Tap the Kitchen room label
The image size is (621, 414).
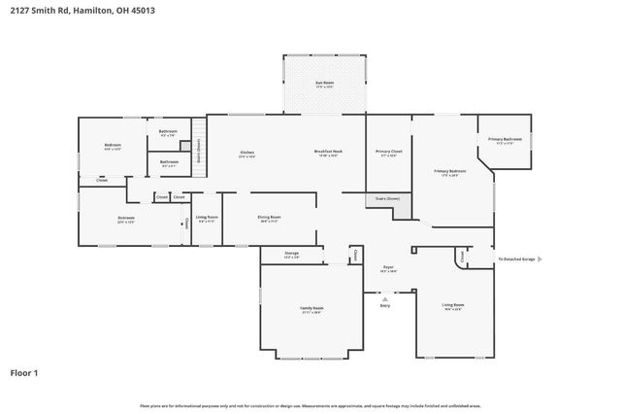pyautogui.click(x=247, y=154)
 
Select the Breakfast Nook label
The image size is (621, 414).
pyautogui.click(x=326, y=154)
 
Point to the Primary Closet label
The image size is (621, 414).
pyautogui.click(x=389, y=154)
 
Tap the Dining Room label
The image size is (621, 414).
pyautogui.click(x=269, y=219)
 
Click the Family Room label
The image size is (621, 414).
pyautogui.click(x=311, y=309)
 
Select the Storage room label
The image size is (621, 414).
pyautogui.click(x=291, y=255)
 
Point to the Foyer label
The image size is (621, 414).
pyautogui.click(x=387, y=267)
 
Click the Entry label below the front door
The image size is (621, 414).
pyautogui.click(x=385, y=306)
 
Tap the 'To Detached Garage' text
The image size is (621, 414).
pyautogui.click(x=515, y=259)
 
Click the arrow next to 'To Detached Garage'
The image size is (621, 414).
pyautogui.click(x=539, y=259)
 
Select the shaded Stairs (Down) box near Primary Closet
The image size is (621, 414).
pyautogui.click(x=388, y=200)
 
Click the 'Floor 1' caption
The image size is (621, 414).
pyautogui.click(x=24, y=372)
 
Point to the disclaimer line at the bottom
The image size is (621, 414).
pyautogui.click(x=310, y=406)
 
